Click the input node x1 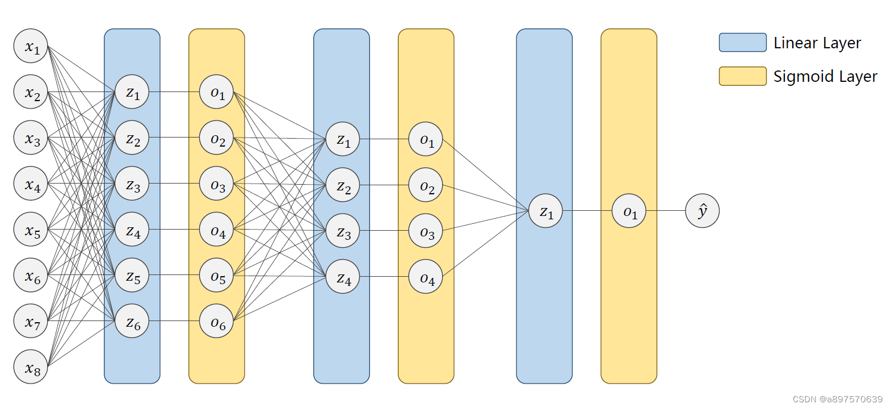point(31,46)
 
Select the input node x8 point(31,367)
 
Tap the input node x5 point(31,229)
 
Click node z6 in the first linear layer point(132,321)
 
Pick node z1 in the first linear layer point(132,91)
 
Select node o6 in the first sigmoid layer point(216,321)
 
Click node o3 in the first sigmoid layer point(216,183)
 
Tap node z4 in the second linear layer point(343,277)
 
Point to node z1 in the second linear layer point(343,139)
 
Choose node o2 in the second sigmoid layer point(426,185)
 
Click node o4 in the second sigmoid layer point(426,277)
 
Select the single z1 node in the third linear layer point(545,211)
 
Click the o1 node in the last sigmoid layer point(629,211)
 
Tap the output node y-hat point(702,211)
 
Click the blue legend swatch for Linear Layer point(742,43)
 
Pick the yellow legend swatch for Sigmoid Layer point(742,76)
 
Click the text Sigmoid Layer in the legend point(825,76)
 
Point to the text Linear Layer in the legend point(817,43)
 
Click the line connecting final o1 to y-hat point(666,211)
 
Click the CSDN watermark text point(837,399)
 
